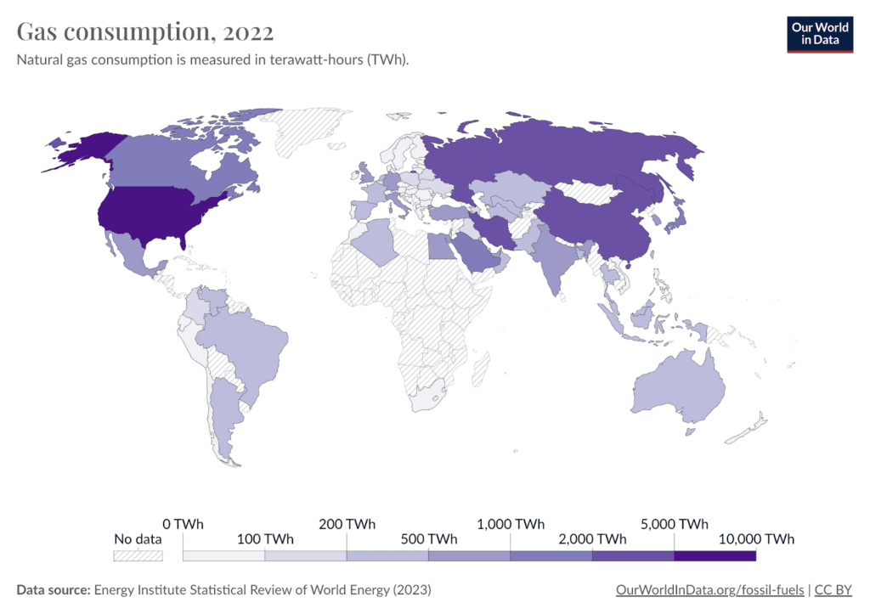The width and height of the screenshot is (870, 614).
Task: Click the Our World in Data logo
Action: pyautogui.click(x=819, y=33)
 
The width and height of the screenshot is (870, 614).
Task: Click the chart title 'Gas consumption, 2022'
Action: pyautogui.click(x=145, y=32)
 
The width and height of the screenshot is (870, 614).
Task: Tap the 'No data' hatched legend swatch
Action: pyautogui.click(x=138, y=555)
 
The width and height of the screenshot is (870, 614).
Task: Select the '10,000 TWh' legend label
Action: pyautogui.click(x=754, y=539)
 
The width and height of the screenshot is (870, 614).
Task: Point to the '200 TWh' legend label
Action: pyautogui.click(x=347, y=524)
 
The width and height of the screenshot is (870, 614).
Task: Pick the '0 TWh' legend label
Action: pyautogui.click(x=183, y=524)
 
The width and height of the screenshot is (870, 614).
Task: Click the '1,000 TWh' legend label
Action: pyautogui.click(x=511, y=524)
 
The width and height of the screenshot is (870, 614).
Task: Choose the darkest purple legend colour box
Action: pyautogui.click(x=715, y=555)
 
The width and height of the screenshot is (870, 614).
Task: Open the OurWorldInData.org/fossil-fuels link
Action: pyautogui.click(x=709, y=589)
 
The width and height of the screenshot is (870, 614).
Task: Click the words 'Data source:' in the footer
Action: pyautogui.click(x=54, y=589)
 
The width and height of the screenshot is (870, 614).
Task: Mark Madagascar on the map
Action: pyautogui.click(x=481, y=367)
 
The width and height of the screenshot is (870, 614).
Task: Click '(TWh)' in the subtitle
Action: pyautogui.click(x=388, y=62)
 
